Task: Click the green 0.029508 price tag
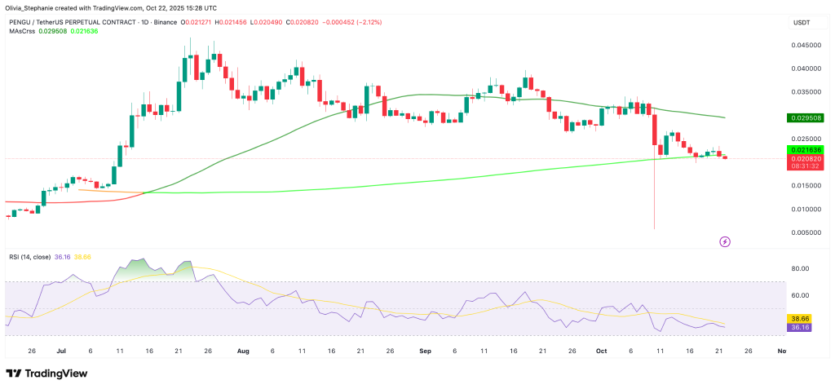pyautogui.click(x=804, y=118)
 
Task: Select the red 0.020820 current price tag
pyautogui.click(x=804, y=158)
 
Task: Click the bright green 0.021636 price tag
pyautogui.click(x=804, y=150)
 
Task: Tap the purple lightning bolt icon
pyautogui.click(x=725, y=241)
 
